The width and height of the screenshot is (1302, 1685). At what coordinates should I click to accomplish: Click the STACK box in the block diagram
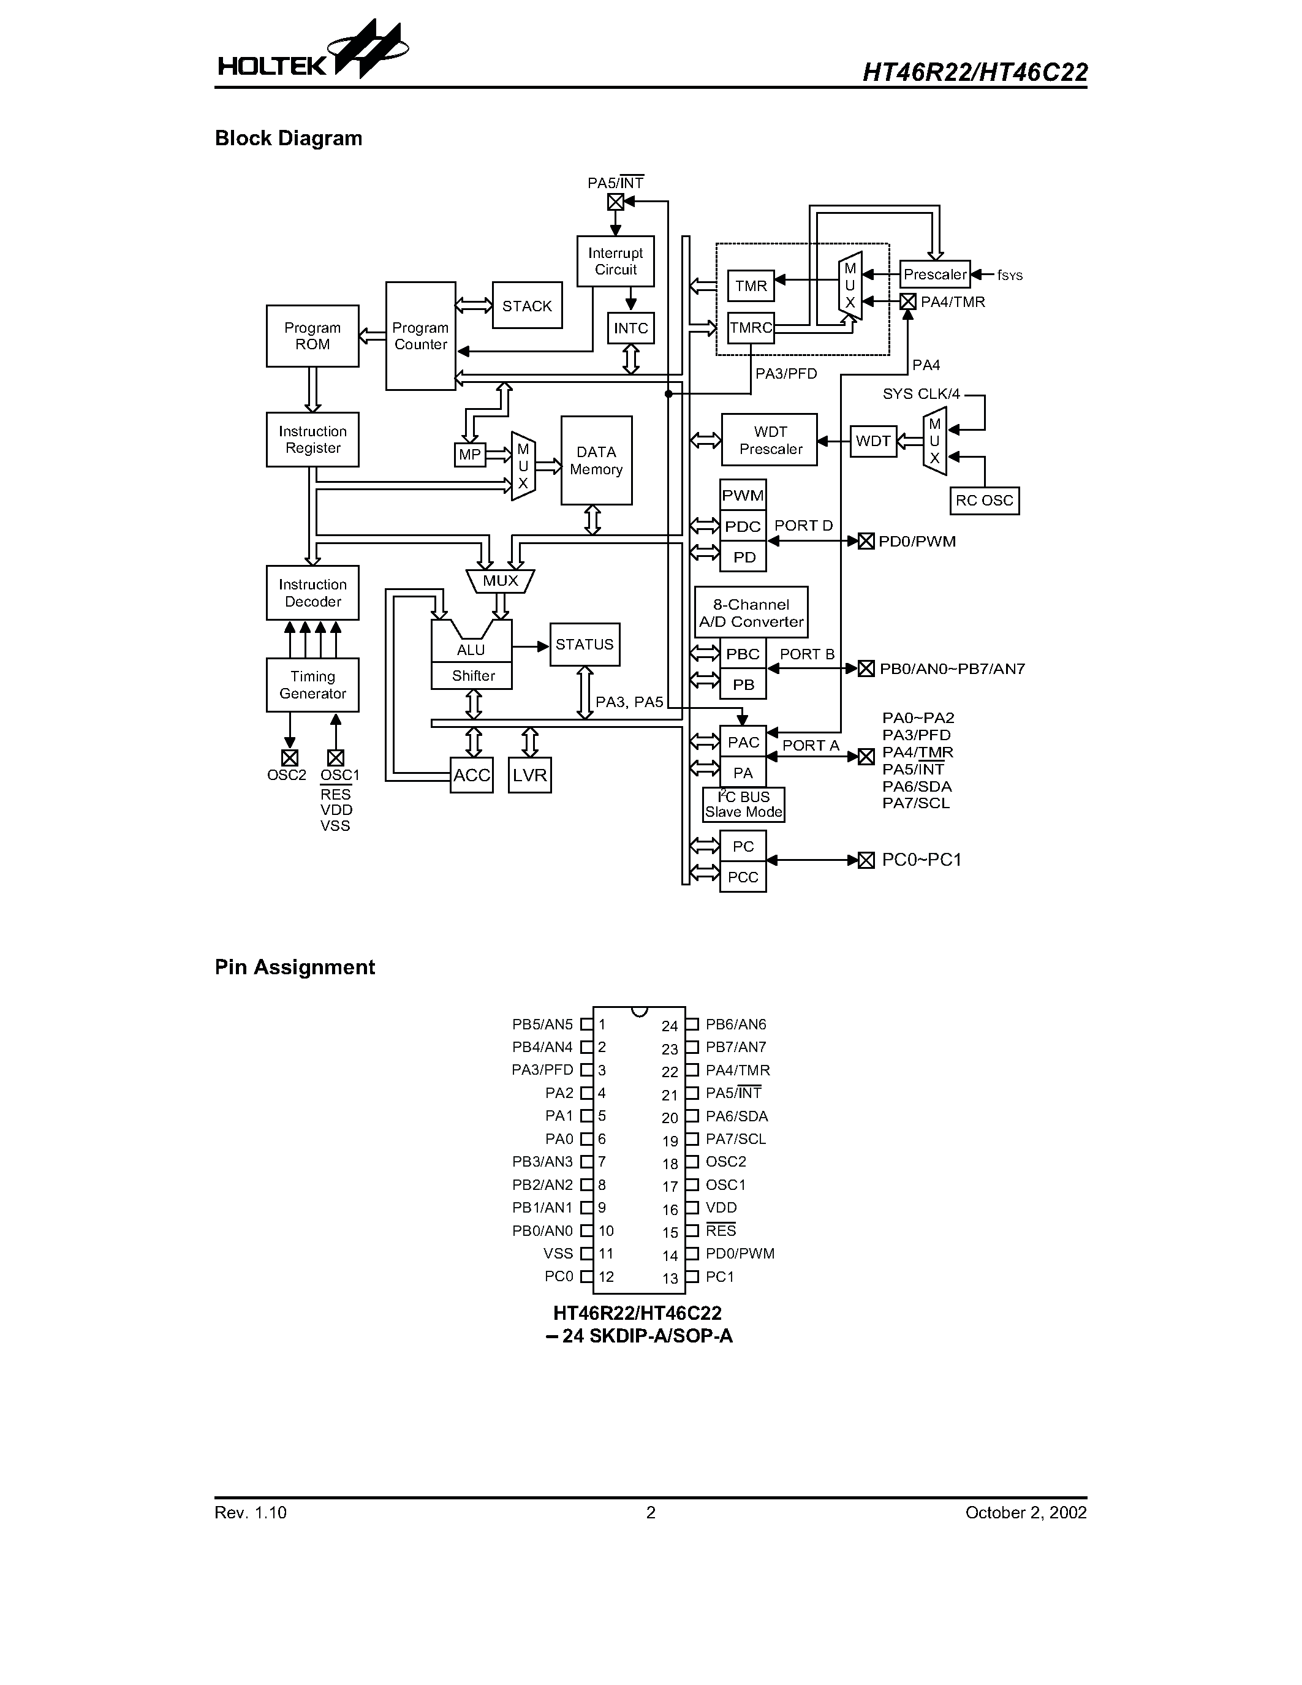click(x=527, y=306)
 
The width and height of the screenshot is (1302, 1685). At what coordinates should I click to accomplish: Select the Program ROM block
click(x=312, y=336)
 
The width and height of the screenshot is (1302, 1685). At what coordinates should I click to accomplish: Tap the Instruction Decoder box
click(x=312, y=593)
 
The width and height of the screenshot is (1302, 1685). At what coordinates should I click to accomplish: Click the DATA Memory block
click(x=596, y=461)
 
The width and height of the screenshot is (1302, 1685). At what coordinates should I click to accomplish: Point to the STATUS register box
click(x=585, y=644)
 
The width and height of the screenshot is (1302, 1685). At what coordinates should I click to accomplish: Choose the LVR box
click(x=530, y=775)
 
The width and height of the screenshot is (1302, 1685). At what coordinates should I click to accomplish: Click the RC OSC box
click(x=984, y=501)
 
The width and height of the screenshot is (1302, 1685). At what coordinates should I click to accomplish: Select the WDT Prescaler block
click(x=769, y=440)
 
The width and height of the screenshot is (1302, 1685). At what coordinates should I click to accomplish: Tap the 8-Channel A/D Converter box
click(x=751, y=613)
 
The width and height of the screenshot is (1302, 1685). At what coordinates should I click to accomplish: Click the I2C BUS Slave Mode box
click(x=744, y=805)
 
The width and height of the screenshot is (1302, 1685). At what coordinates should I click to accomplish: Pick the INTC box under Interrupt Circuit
click(x=630, y=328)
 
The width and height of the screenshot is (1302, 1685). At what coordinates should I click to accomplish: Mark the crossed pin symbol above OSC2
click(x=289, y=757)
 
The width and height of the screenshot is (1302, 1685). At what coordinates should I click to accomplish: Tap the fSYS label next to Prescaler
click(x=1010, y=276)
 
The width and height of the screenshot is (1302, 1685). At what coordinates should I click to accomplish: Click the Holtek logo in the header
click(x=312, y=54)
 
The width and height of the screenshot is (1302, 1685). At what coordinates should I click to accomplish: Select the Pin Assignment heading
click(x=295, y=967)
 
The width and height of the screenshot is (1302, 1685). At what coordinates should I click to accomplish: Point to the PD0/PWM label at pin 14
click(x=740, y=1254)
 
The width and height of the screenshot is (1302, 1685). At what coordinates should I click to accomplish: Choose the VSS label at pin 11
click(x=558, y=1254)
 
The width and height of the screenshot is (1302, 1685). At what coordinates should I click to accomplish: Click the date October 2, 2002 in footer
click(x=1026, y=1513)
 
